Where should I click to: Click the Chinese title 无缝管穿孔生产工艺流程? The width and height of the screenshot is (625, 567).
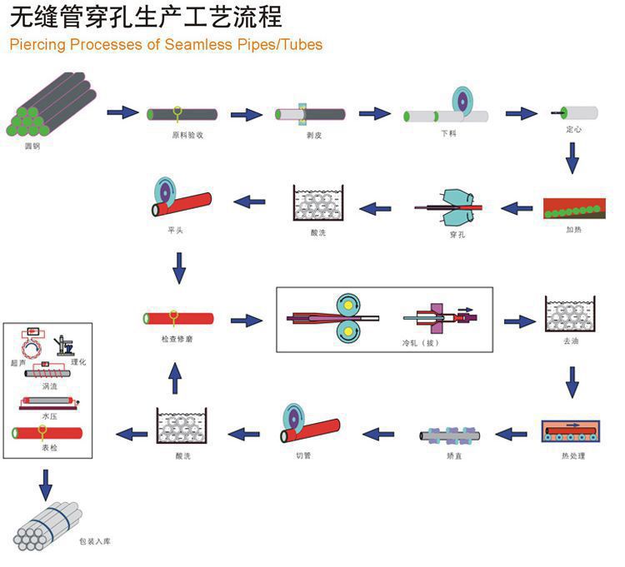[146, 17]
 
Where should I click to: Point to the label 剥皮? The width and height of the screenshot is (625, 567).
[313, 134]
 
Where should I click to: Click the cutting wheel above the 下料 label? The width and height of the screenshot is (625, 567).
[462, 101]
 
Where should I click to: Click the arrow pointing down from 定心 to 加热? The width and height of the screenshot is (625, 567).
[572, 157]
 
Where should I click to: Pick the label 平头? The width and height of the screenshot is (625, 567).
[175, 230]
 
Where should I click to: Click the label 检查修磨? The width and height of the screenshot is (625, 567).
[177, 338]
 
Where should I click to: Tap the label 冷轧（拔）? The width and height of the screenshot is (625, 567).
[417, 342]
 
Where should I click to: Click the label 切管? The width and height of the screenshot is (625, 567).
[302, 456]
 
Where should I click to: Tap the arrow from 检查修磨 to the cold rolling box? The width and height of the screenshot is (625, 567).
[247, 320]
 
